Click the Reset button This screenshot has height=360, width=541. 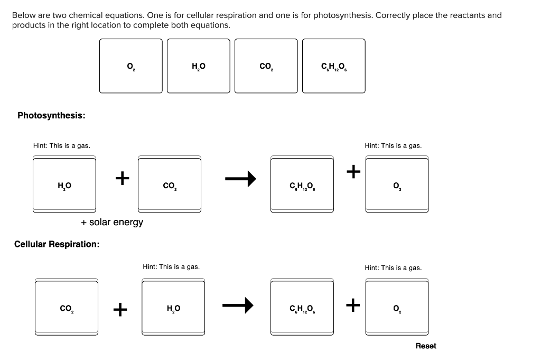click(426, 346)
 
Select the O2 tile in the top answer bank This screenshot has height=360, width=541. click(131, 66)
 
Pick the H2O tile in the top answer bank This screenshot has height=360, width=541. click(199, 66)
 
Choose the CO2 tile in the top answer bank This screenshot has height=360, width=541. click(266, 66)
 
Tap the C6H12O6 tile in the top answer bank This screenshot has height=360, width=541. click(334, 66)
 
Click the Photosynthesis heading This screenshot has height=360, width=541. click(52, 115)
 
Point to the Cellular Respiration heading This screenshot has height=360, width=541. click(57, 244)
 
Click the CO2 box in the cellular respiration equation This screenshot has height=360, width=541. click(67, 308)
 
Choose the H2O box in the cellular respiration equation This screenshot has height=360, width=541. click(173, 308)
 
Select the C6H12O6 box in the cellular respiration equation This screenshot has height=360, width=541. click(302, 308)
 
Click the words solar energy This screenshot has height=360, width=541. click(116, 222)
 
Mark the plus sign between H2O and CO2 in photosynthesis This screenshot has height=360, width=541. click(122, 178)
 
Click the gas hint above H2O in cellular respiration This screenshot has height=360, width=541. click(171, 267)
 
